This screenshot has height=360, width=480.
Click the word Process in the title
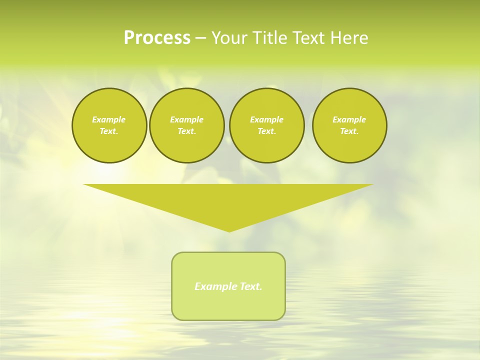(x=157, y=38)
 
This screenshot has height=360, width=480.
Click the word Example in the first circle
(x=109, y=119)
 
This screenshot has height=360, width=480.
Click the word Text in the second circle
(x=186, y=131)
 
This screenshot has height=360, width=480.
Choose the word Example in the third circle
(x=266, y=119)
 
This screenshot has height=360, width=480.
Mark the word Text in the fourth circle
(x=349, y=131)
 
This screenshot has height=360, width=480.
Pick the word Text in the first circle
(x=109, y=131)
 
